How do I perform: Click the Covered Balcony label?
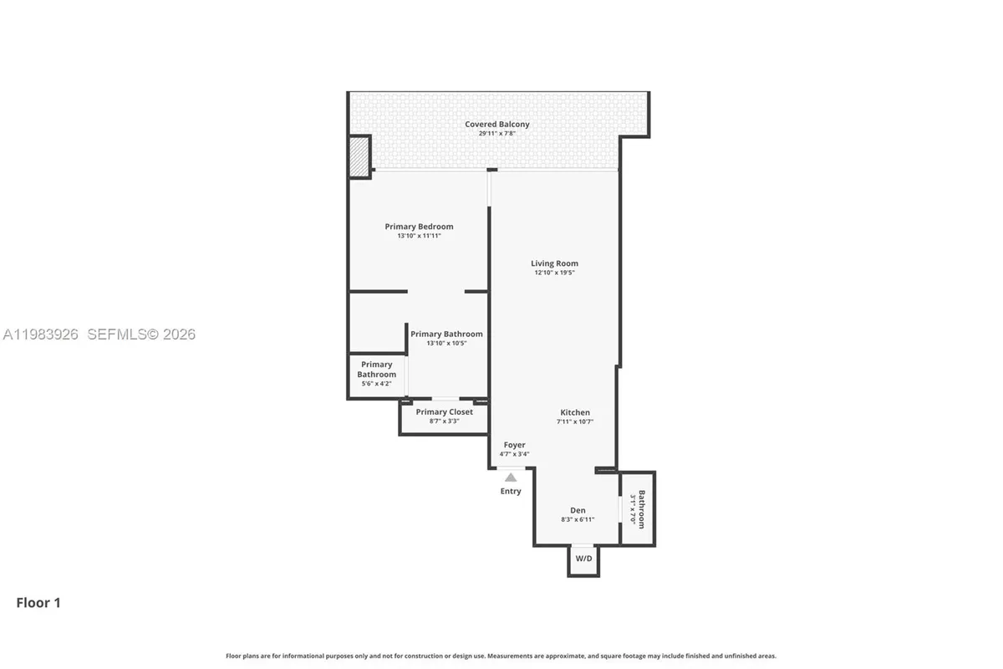click(497, 125)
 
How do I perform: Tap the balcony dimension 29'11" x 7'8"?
click(497, 134)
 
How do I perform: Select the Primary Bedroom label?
click(419, 227)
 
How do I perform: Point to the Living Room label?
click(554, 263)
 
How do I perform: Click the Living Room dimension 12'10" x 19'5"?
click(554, 273)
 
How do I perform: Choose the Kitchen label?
click(575, 412)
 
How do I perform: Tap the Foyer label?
click(514, 445)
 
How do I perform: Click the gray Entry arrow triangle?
click(511, 477)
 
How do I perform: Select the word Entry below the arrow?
click(511, 491)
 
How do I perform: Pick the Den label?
click(578, 510)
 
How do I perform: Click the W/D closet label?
click(583, 559)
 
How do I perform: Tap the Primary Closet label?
click(444, 411)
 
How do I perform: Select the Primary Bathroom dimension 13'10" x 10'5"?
click(446, 343)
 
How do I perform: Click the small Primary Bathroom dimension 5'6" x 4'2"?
click(376, 384)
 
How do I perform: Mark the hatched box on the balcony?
click(359, 157)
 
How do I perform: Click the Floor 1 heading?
click(38, 602)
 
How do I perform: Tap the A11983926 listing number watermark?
click(40, 334)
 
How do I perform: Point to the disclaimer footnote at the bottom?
click(501, 656)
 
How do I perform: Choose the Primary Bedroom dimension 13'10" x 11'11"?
click(419, 236)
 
